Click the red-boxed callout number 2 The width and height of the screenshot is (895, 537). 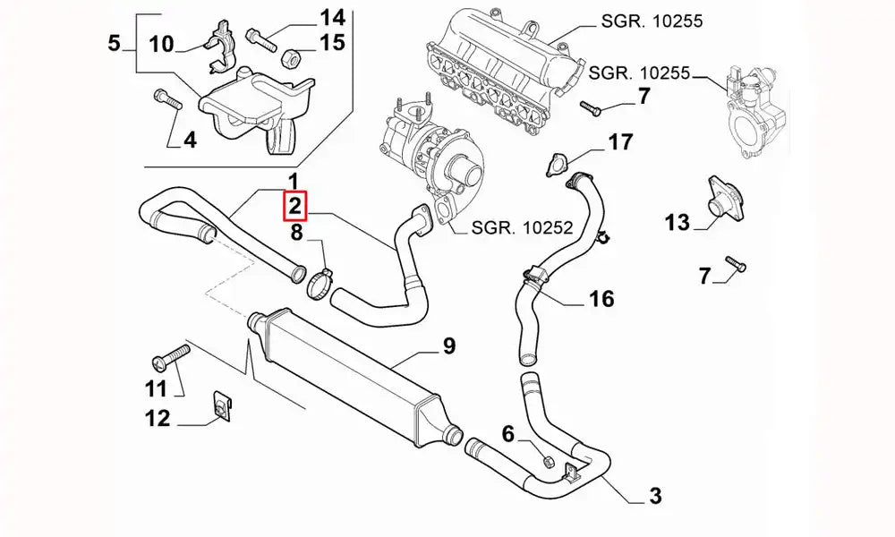pyautogui.click(x=295, y=207)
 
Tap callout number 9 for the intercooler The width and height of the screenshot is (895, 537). pyautogui.click(x=448, y=345)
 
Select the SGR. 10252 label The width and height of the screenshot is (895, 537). pyautogui.click(x=512, y=227)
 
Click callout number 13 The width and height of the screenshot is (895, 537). pyautogui.click(x=678, y=222)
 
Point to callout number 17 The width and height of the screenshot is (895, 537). pyautogui.click(x=620, y=141)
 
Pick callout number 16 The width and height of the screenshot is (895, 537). pyautogui.click(x=602, y=298)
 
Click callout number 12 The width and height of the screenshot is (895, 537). pyautogui.click(x=158, y=418)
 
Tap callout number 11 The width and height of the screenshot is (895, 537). pyautogui.click(x=156, y=388)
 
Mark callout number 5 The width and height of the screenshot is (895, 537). pyautogui.click(x=114, y=42)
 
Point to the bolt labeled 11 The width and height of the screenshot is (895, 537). pyautogui.click(x=171, y=358)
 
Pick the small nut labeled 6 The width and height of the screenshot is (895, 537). pyautogui.click(x=548, y=463)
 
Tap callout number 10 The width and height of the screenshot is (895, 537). pyautogui.click(x=161, y=43)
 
